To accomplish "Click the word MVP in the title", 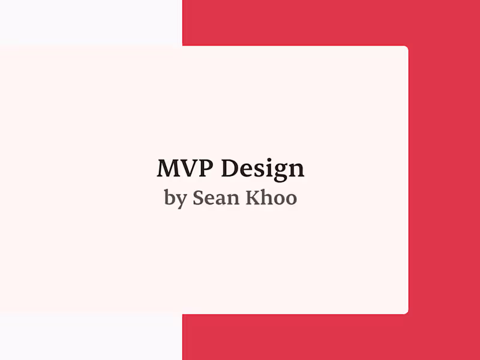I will point(186,169).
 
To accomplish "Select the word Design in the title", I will point(262,170).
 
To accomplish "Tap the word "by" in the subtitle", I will point(175,199).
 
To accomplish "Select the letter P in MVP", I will point(206,169).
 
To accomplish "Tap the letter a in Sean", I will point(220,200).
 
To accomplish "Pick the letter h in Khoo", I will point(266,198).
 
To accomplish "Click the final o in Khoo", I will point(290,200).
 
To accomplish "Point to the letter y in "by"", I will point(181,201).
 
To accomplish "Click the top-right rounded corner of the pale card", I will point(406,48).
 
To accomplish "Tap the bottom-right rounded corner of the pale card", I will point(406,312).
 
